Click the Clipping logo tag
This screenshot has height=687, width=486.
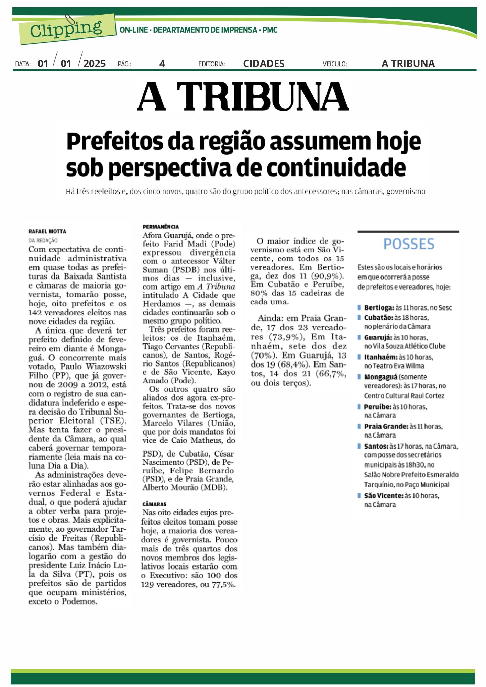pyautogui.click(x=67, y=30)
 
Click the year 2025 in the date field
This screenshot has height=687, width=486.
pyautogui.click(x=95, y=64)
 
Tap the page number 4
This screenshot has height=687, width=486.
pyautogui.click(x=162, y=64)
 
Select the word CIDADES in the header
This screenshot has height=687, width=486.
pyautogui.click(x=264, y=64)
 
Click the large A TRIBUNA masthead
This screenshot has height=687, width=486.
pyautogui.click(x=243, y=96)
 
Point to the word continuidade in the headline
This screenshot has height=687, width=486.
pyautogui.click(x=336, y=168)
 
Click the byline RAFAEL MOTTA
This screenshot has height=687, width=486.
pyautogui.click(x=47, y=232)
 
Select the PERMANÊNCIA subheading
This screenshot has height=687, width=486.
pyautogui.click(x=161, y=227)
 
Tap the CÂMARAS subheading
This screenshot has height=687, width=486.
pyautogui.click(x=154, y=504)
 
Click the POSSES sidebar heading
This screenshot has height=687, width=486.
pyautogui.click(x=409, y=244)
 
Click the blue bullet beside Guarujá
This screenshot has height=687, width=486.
pyautogui.click(x=359, y=338)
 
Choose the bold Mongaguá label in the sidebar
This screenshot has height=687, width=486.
pyautogui.click(x=381, y=377)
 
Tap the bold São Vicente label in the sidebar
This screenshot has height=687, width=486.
pyautogui.click(x=384, y=496)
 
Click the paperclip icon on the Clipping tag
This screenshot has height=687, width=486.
pyautogui.click(x=70, y=20)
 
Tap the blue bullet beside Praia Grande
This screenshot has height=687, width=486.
pyautogui.click(x=359, y=427)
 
